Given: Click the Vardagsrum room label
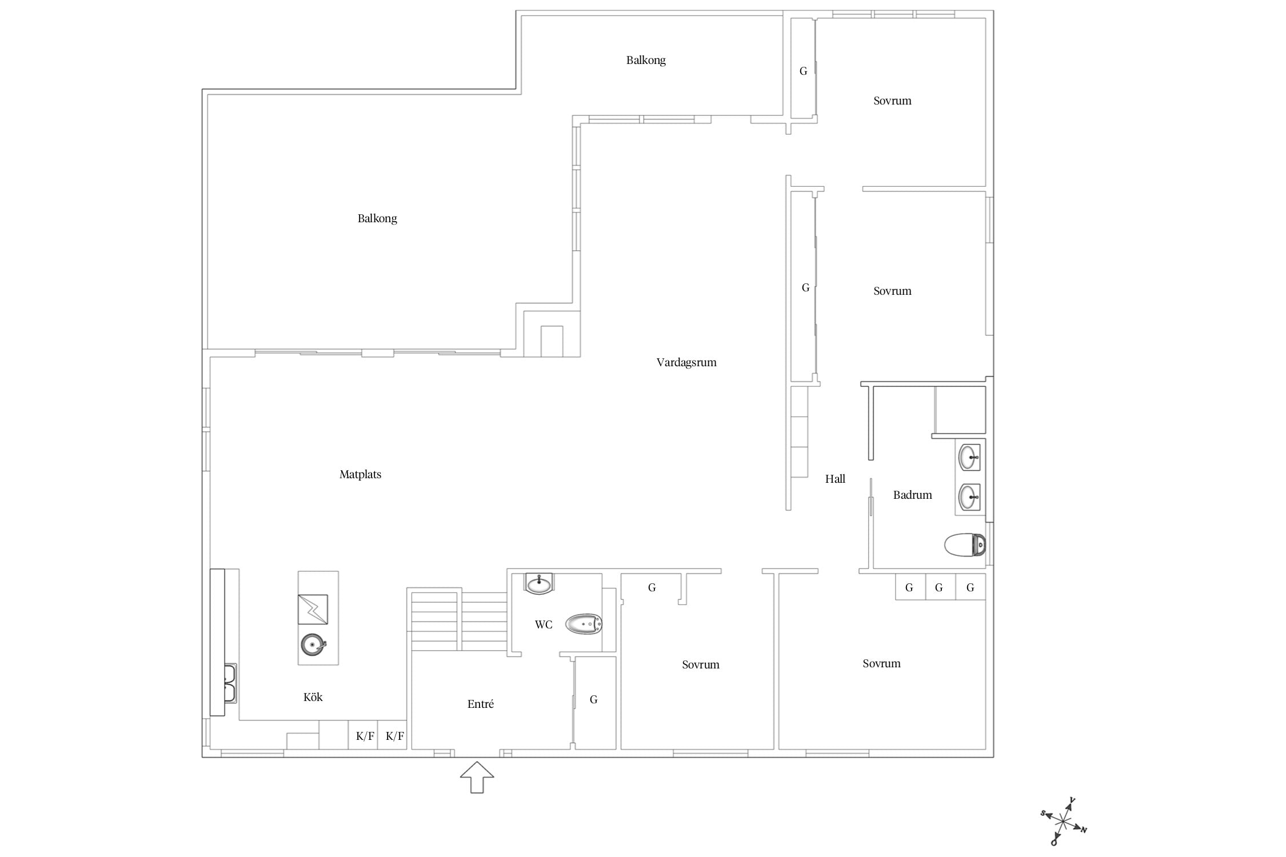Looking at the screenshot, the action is coord(686,362).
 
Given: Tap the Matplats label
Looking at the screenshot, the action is coord(360,474).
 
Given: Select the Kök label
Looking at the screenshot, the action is coord(313,697).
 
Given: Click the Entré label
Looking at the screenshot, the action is coord(481,704).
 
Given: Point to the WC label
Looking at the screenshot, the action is coord(544,624).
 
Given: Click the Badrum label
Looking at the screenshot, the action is coord(912,495).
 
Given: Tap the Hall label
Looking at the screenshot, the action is coord(835,479).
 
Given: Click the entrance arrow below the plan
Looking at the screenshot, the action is coord(477,777).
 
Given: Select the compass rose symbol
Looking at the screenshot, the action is coord(1063,822).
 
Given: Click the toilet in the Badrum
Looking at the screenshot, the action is coord(965,545).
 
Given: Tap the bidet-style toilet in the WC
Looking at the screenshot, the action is coord(584,624).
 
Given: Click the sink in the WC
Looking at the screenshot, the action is coord(539,583).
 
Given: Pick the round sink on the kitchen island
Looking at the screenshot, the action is coord(313,645).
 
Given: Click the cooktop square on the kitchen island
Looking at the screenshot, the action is coord(313,610).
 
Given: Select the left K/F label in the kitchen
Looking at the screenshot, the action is coord(365,736).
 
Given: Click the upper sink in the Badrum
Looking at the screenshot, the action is coord(969,457).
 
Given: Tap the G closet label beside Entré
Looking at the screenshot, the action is coord(594,699).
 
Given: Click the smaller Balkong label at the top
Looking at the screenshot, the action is coord(646,60).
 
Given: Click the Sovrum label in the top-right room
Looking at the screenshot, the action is coord(892,101).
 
